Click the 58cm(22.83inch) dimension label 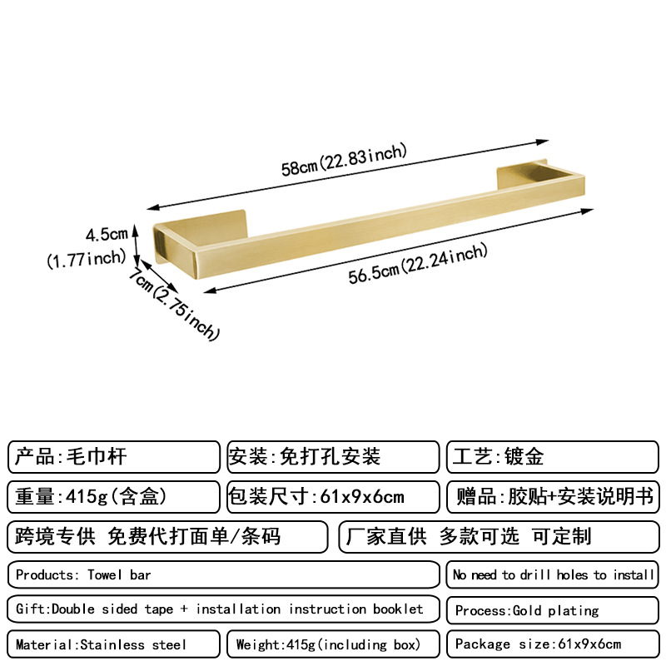[343, 160]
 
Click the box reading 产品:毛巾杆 [114, 457]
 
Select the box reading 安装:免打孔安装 [332, 457]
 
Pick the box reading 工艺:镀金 [552, 457]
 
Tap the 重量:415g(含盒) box [114, 497]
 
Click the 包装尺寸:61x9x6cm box [332, 497]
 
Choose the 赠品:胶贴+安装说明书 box [552, 497]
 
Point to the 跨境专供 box [167, 537]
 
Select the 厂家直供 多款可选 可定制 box [498, 537]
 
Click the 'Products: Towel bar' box [222, 574]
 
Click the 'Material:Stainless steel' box [114, 644]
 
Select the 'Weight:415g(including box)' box [332, 644]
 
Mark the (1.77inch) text [86, 259]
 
